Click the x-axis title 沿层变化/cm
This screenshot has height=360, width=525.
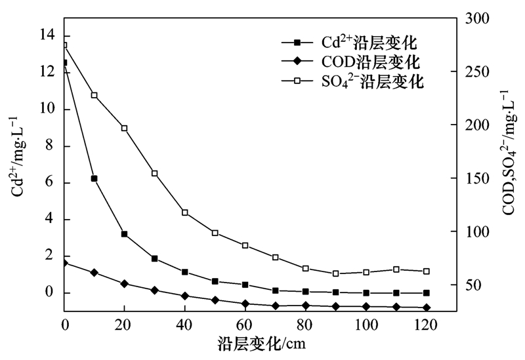[x=261, y=343]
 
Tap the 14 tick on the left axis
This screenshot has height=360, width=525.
[x=48, y=35]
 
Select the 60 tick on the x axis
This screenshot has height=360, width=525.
[x=244, y=325]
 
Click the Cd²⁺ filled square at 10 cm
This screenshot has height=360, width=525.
[x=94, y=178]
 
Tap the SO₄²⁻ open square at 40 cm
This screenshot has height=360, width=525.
[x=185, y=212]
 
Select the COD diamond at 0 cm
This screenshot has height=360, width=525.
[x=64, y=263]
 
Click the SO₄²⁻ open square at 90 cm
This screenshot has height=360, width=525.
[x=336, y=273]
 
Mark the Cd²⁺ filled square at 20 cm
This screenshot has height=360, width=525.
[x=124, y=234]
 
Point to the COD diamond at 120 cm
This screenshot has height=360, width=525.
[x=427, y=308]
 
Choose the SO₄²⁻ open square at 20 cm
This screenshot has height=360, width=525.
[x=124, y=128]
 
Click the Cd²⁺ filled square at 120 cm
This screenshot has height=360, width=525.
[x=427, y=293]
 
